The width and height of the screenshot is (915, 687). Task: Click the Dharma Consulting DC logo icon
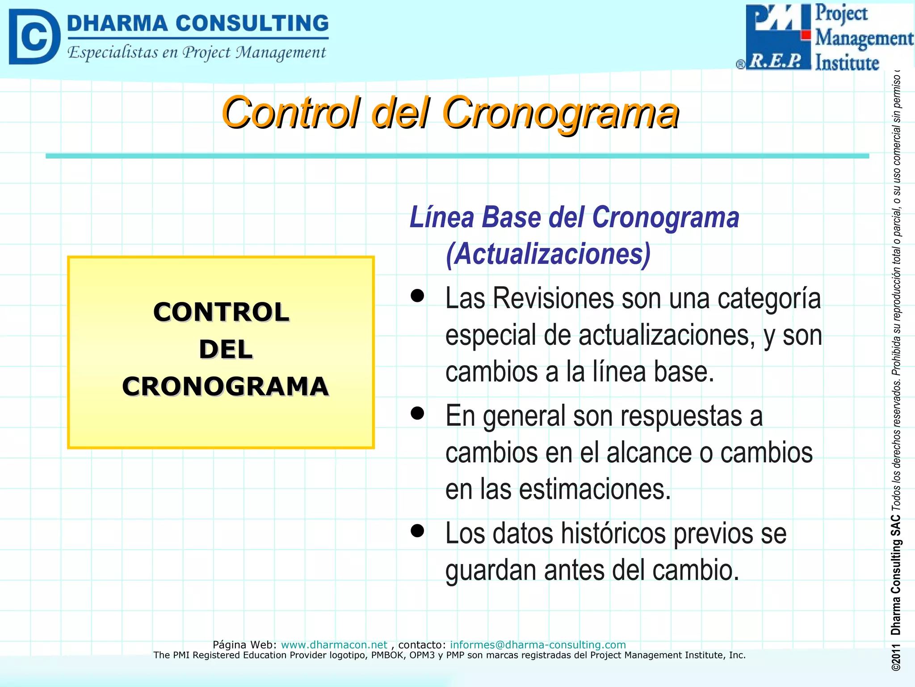click(34, 37)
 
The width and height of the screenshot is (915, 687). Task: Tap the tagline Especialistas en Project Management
click(197, 52)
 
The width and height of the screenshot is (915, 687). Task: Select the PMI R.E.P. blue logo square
click(778, 37)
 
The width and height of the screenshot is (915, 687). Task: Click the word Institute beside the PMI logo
click(847, 63)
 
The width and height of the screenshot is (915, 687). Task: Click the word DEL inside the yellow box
click(226, 349)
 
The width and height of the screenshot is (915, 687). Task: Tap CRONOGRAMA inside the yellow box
click(226, 386)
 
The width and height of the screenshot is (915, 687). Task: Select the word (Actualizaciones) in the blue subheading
click(548, 254)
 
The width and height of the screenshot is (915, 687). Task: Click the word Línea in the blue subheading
click(442, 217)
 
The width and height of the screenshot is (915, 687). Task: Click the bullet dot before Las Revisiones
click(417, 296)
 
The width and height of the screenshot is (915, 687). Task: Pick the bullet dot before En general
click(417, 413)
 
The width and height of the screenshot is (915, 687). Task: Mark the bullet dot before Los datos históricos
click(417, 531)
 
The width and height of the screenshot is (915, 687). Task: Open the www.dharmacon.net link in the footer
click(334, 645)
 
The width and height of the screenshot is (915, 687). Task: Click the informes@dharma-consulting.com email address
click(537, 645)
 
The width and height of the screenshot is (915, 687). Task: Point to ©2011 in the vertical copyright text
click(895, 658)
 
